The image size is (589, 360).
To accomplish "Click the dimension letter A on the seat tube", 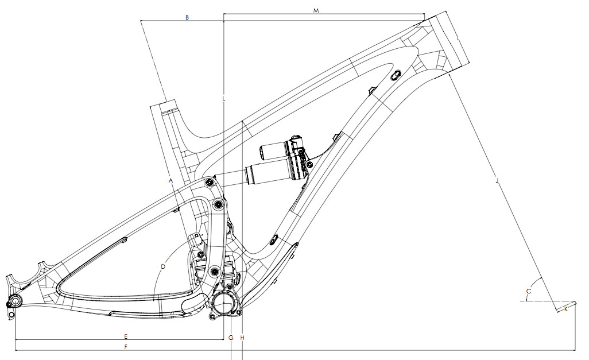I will coord(171,180).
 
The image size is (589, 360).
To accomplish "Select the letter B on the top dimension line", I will coord(187,18).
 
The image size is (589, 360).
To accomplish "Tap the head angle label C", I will coord(529,292).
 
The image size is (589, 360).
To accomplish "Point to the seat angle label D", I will coord(163,266).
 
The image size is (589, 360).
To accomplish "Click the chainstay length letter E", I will coord(126,335).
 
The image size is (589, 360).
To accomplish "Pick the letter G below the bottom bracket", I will coord(231,338).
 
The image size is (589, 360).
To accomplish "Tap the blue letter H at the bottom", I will coord(243,338).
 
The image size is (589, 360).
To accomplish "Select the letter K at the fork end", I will coord(566,309).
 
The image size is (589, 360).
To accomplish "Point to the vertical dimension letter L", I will coord(223,99).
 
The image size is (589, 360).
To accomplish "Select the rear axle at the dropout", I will coord(14,303).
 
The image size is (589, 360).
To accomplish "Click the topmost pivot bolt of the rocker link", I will coord(209,182).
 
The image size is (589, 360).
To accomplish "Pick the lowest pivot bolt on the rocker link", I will coord(215,270).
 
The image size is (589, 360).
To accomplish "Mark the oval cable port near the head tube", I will coord(396,75).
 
